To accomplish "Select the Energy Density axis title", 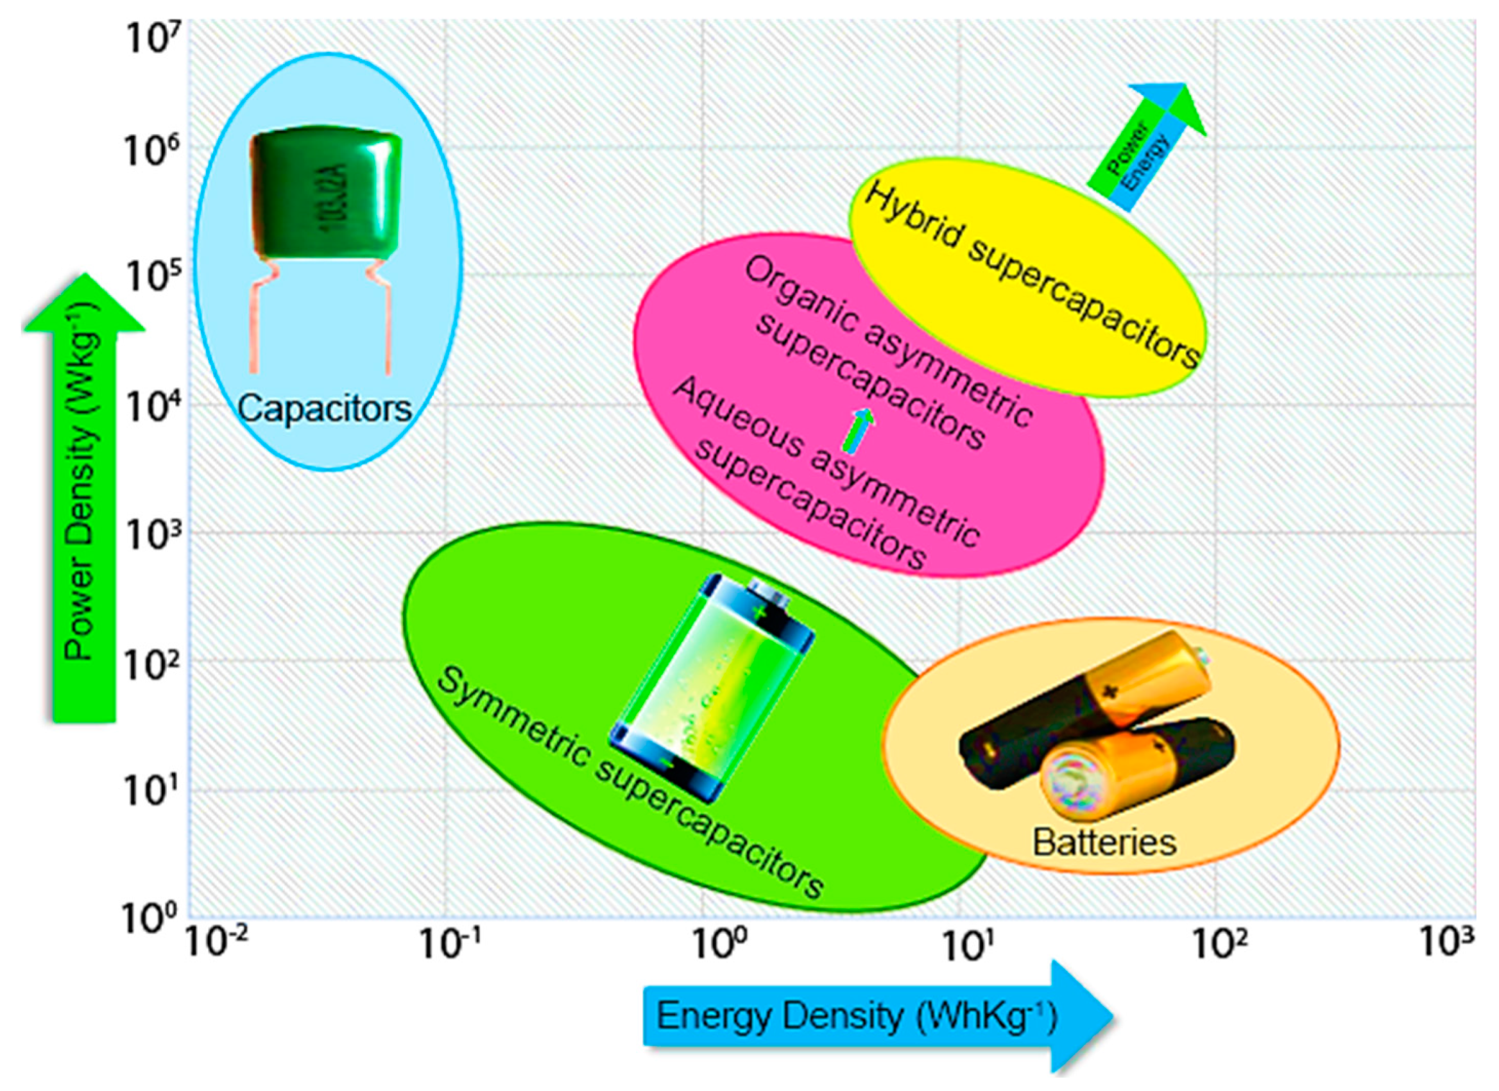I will point(857,1017).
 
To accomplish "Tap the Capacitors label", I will point(324,409).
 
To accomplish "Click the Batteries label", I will point(1104,843).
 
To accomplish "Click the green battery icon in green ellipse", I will point(710,687).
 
